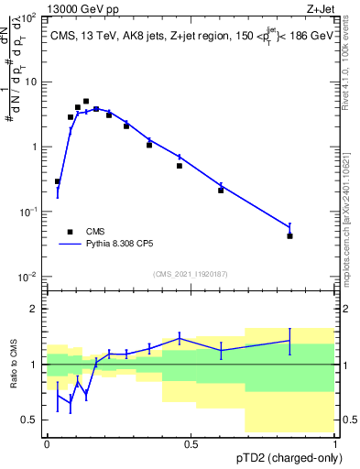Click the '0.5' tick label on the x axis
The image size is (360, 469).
click(x=191, y=442)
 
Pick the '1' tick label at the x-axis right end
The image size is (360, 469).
click(x=334, y=442)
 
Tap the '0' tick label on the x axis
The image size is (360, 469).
click(x=47, y=442)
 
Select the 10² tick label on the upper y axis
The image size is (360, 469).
click(x=28, y=17)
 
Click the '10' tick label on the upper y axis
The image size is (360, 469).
click(x=29, y=82)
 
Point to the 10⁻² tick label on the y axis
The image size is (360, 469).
click(x=27, y=277)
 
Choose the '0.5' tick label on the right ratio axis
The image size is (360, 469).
click(x=348, y=420)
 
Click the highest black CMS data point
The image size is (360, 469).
click(x=86, y=102)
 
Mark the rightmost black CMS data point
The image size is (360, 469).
click(x=289, y=235)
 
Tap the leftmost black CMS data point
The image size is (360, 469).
click(x=58, y=181)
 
